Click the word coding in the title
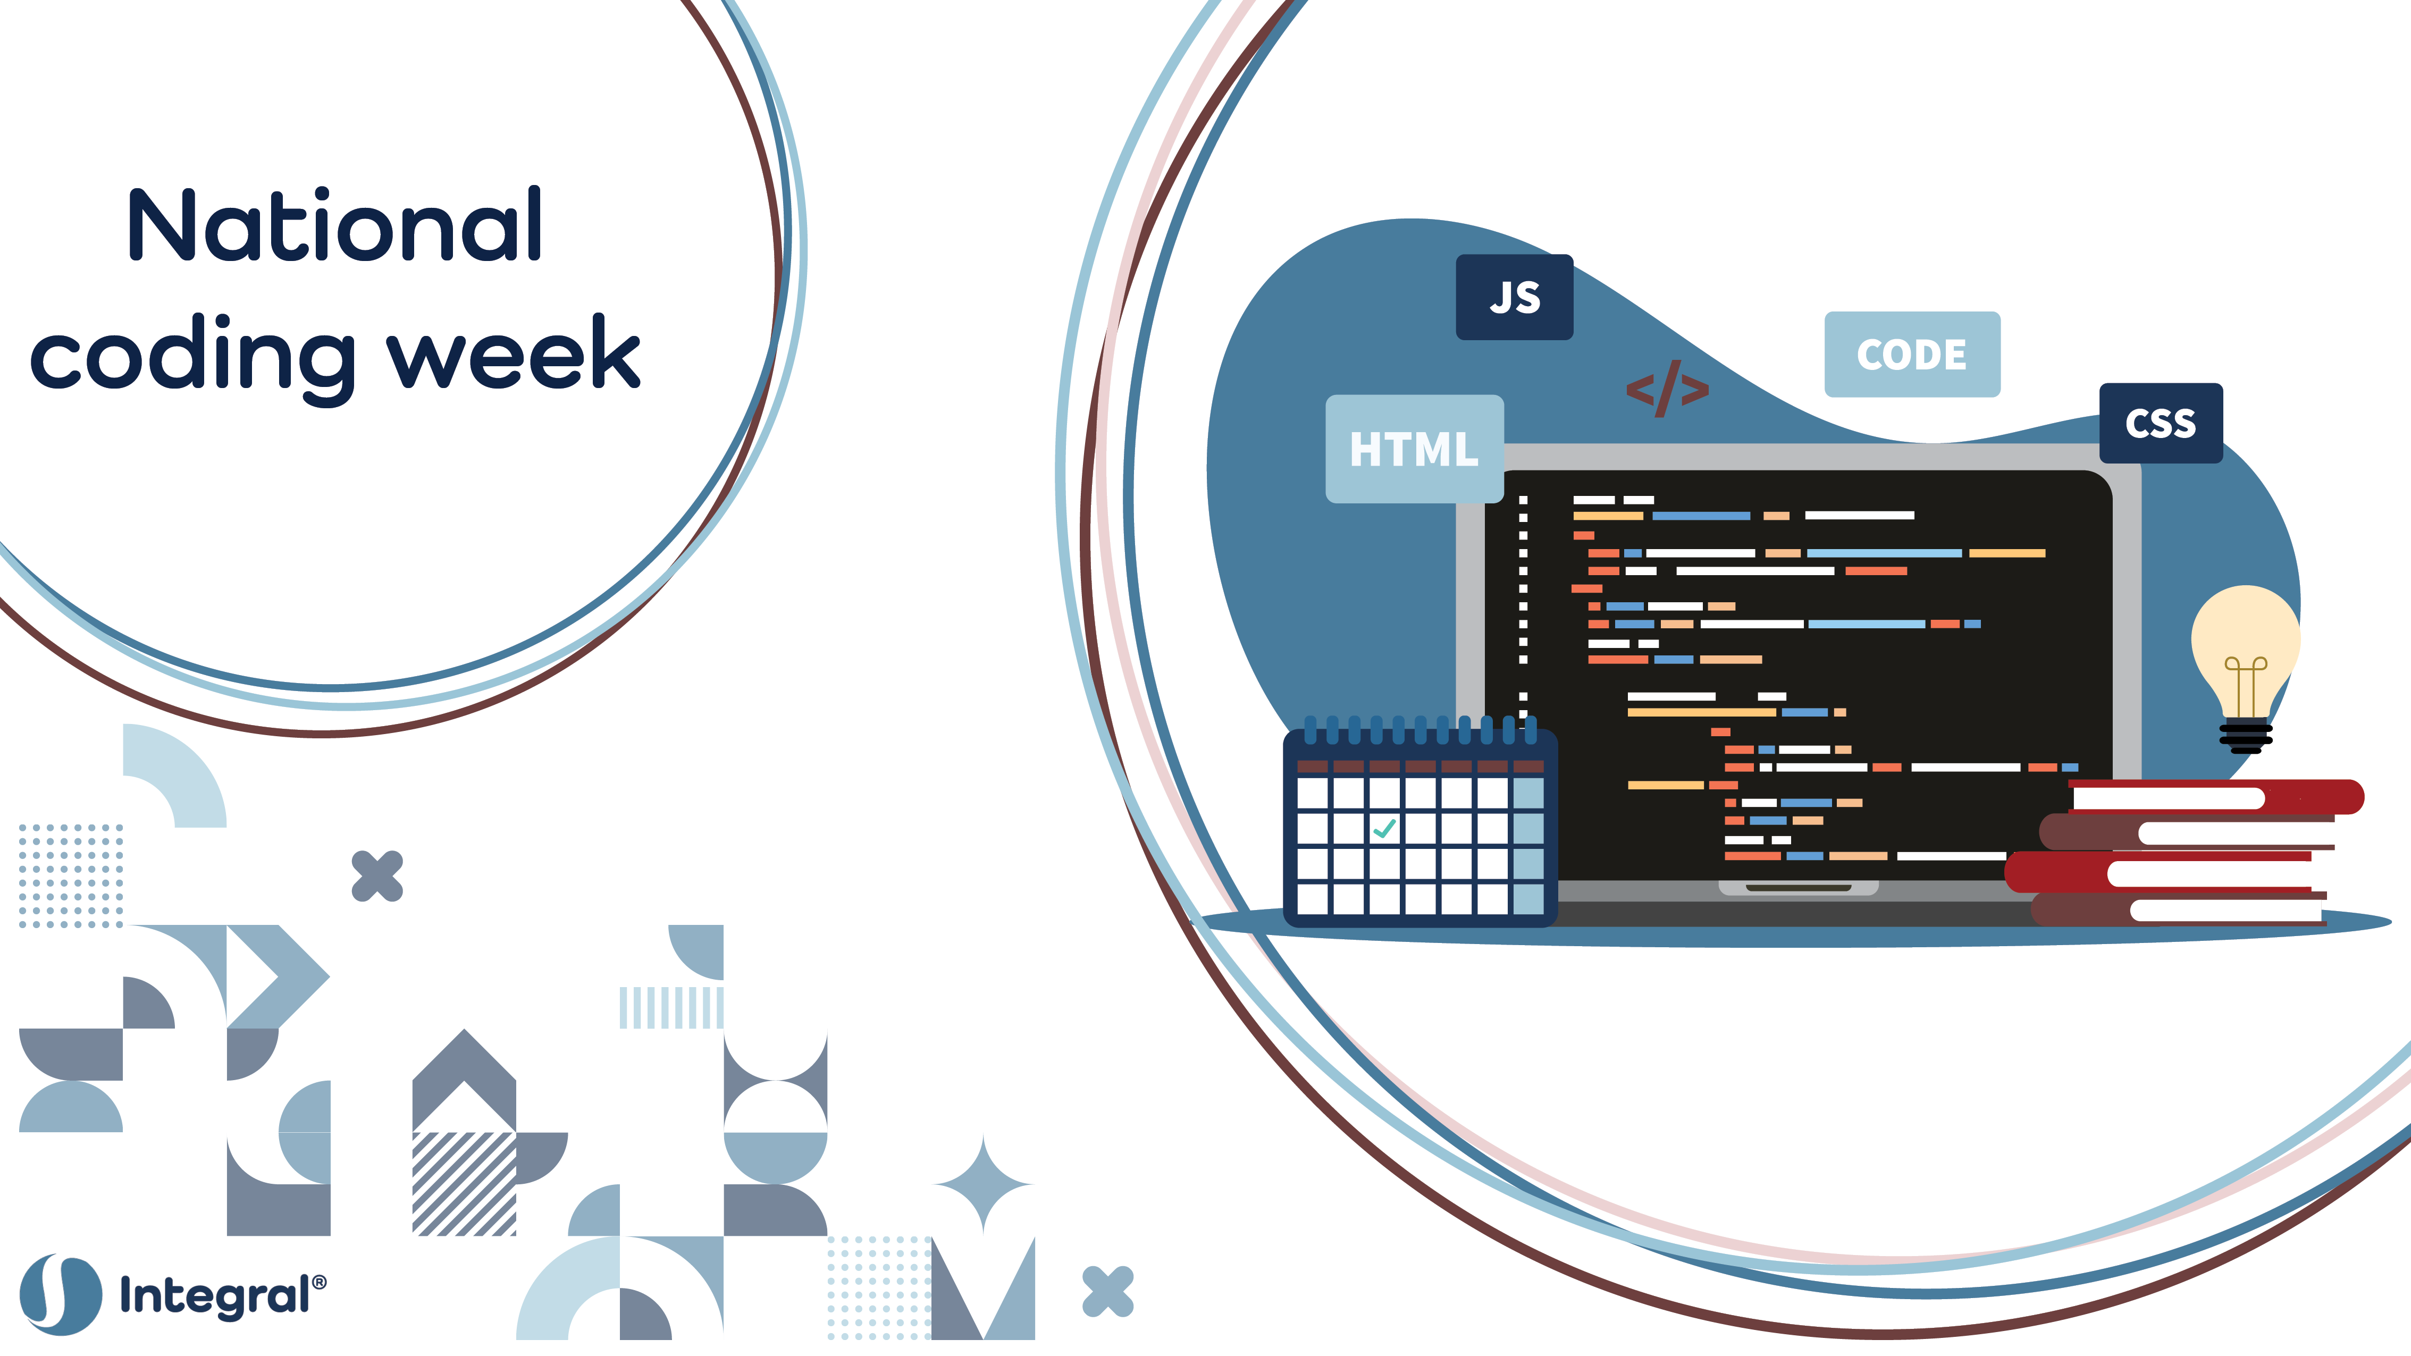193,358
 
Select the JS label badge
1514,297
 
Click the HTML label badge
1414,449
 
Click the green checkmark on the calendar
1384,828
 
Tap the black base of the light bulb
2245,737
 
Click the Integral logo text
223,1296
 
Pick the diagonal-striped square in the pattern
464,1184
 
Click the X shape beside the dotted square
377,876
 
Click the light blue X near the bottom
1108,1292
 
